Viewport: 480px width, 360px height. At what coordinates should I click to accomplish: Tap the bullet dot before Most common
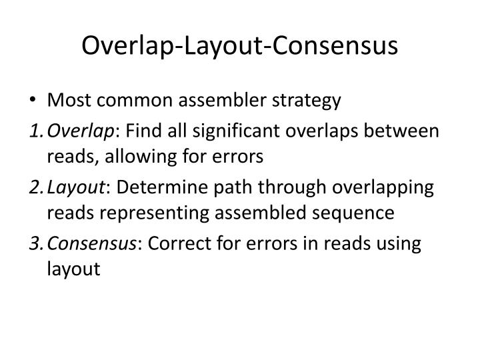(x=33, y=101)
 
